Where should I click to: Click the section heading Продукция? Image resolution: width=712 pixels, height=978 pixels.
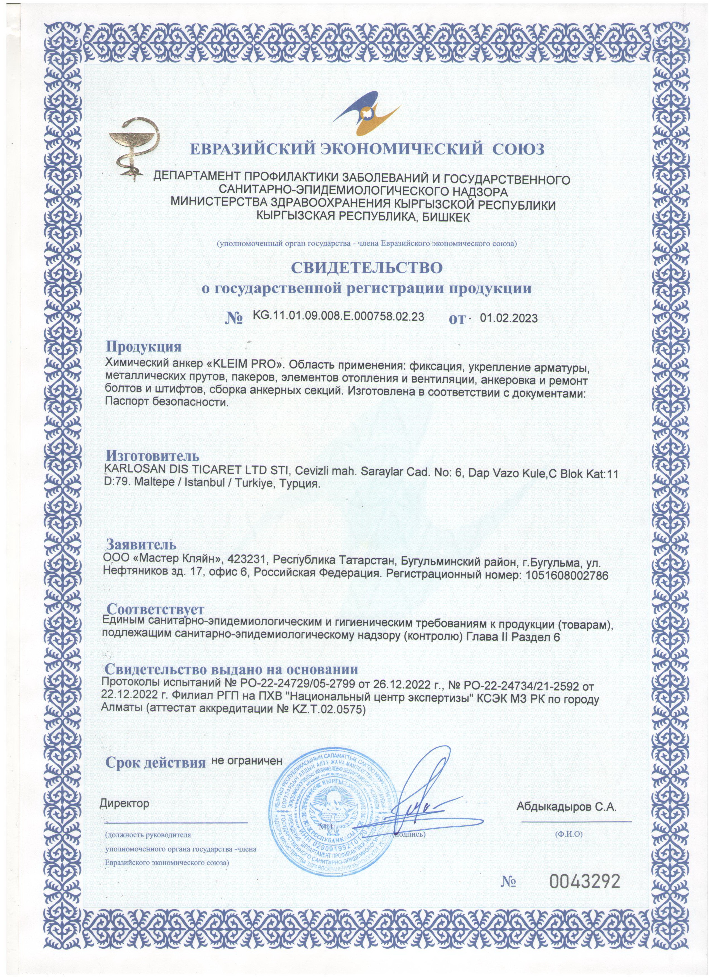pos(144,346)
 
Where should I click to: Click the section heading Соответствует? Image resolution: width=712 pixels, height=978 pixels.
pos(155,609)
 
